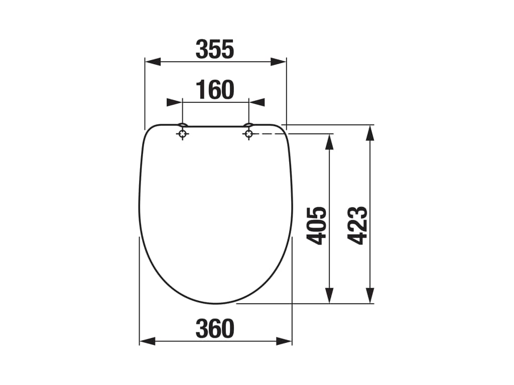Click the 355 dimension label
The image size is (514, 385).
[x=215, y=50]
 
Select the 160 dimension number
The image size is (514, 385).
[x=215, y=90]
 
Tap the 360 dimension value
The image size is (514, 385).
[x=215, y=329]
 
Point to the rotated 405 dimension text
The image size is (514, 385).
[x=316, y=226]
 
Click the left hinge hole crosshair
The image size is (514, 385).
[x=182, y=134]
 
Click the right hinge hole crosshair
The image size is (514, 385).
[x=249, y=134]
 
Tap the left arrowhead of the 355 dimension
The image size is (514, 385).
[x=153, y=62]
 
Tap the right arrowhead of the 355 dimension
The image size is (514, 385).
[x=279, y=62]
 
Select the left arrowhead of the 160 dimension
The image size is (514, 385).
[x=174, y=102]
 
